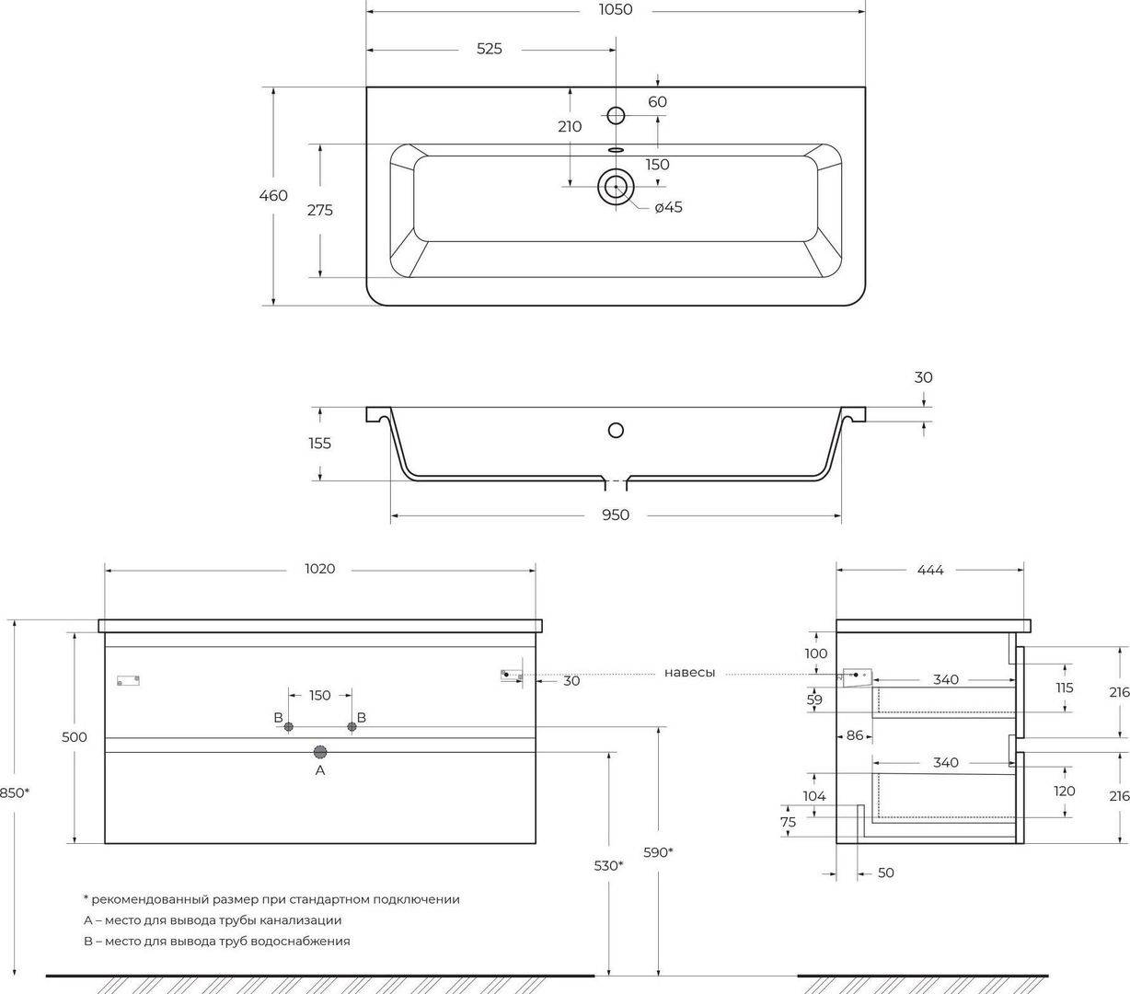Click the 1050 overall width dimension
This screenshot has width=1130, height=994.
tap(616, 9)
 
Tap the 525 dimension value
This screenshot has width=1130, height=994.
tap(490, 49)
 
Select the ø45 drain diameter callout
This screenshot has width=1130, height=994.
tap(669, 207)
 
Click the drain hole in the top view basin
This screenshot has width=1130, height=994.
tap(616, 186)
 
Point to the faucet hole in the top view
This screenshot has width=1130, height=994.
tap(616, 115)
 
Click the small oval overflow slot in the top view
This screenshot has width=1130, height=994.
tap(616, 149)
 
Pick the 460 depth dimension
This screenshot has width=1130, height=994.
tap(273, 195)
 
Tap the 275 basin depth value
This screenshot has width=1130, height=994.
tap(319, 210)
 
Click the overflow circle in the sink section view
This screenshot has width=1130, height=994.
tap(616, 430)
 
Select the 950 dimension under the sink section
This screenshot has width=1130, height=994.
tap(616, 514)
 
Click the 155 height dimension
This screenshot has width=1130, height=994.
tap(319, 444)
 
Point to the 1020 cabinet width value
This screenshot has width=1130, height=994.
tap(319, 569)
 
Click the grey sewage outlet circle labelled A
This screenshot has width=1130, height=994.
tap(319, 752)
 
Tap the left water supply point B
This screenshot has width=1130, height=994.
tap(288, 727)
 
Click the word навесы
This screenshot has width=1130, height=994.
tap(689, 673)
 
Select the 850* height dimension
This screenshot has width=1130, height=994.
tap(15, 792)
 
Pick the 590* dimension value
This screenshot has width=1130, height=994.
tap(658, 852)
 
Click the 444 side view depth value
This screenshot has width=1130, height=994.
tap(930, 570)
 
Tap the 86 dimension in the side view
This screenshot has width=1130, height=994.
tap(855, 735)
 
